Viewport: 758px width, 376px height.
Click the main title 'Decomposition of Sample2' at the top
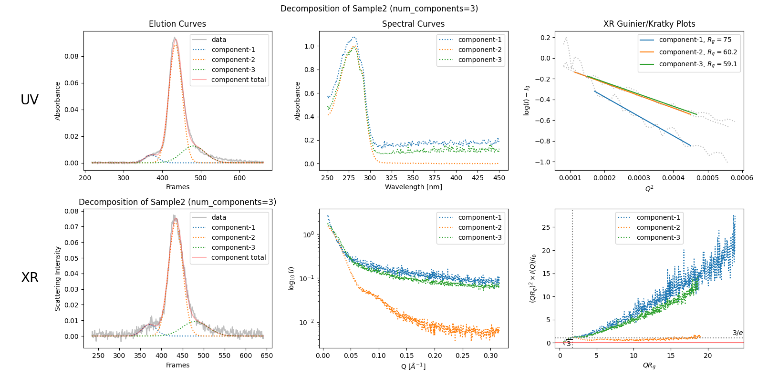click(379, 9)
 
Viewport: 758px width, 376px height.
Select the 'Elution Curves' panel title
click(177, 24)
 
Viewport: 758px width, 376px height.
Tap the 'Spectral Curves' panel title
click(413, 24)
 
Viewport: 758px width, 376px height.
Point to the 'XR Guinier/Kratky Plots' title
click(649, 24)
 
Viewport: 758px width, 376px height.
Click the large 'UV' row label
click(30, 100)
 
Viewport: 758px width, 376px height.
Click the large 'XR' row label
click(30, 278)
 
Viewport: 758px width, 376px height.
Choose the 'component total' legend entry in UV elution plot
click(238, 80)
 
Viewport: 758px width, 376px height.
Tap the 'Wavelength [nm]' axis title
click(413, 187)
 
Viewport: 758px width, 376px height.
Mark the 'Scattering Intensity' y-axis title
click(58, 278)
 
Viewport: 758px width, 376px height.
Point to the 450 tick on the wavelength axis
click(499, 178)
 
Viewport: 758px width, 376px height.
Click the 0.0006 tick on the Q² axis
click(742, 178)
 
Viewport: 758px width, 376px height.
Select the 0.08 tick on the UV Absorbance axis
click(72, 56)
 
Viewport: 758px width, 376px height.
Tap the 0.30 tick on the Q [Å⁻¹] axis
click(491, 356)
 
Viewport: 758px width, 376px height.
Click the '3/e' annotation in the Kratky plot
click(737, 333)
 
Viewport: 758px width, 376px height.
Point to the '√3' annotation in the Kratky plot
click(567, 343)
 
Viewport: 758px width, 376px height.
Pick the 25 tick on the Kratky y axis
click(546, 227)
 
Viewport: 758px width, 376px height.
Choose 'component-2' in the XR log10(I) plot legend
click(479, 227)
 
